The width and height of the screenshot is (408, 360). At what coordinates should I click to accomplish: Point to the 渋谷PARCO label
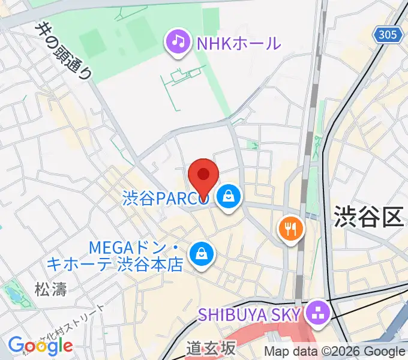tap(165, 199)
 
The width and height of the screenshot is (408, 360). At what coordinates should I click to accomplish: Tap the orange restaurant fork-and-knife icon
tap(291, 229)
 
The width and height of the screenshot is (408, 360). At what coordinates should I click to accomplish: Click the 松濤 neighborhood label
tap(50, 288)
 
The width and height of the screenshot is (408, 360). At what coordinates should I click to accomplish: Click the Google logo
tap(40, 345)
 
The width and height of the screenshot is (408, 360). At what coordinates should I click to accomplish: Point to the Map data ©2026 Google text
tap(334, 352)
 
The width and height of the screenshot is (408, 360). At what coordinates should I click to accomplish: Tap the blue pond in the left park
tap(12, 295)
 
